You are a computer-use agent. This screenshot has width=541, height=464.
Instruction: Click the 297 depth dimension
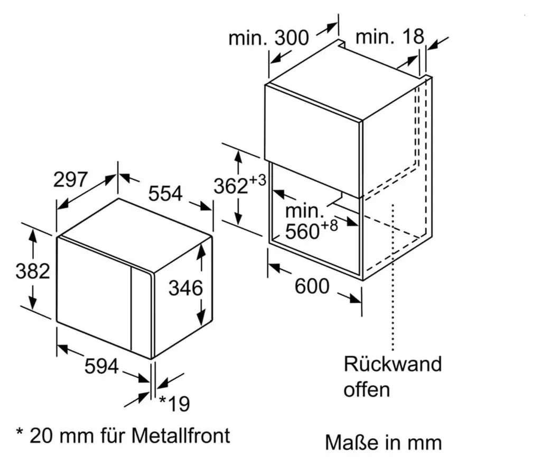pos(70,179)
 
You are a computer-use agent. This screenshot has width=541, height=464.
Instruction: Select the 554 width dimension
pos(165,194)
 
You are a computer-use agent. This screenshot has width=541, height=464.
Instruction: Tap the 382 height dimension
pos(33,271)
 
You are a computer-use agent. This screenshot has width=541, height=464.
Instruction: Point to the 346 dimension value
pos(185,288)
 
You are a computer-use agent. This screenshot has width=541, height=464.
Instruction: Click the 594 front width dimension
pos(101,366)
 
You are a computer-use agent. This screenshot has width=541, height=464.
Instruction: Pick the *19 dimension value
pos(174,403)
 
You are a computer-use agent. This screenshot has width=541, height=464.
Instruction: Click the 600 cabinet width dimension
pos(312,286)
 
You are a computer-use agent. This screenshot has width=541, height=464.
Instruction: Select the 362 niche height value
pos(231,186)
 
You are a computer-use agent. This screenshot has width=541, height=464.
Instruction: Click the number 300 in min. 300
pos(292,38)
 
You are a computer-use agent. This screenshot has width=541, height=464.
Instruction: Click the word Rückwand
pos(393,364)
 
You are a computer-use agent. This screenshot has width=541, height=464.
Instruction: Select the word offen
pos(367,389)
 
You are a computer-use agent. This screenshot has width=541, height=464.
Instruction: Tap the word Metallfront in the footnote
pos(181,435)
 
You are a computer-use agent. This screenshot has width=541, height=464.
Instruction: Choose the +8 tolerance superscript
pos(329,225)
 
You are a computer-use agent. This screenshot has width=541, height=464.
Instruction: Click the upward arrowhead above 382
pos(33,236)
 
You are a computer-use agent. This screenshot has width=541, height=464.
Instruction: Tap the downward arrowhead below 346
pos(200,317)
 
